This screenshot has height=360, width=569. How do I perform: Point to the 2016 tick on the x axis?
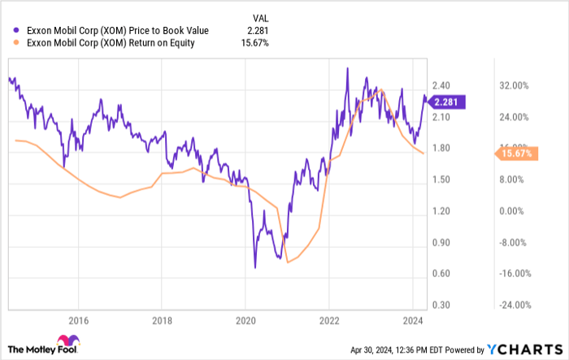point(78,319)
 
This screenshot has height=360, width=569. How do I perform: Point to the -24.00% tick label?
point(515,305)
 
